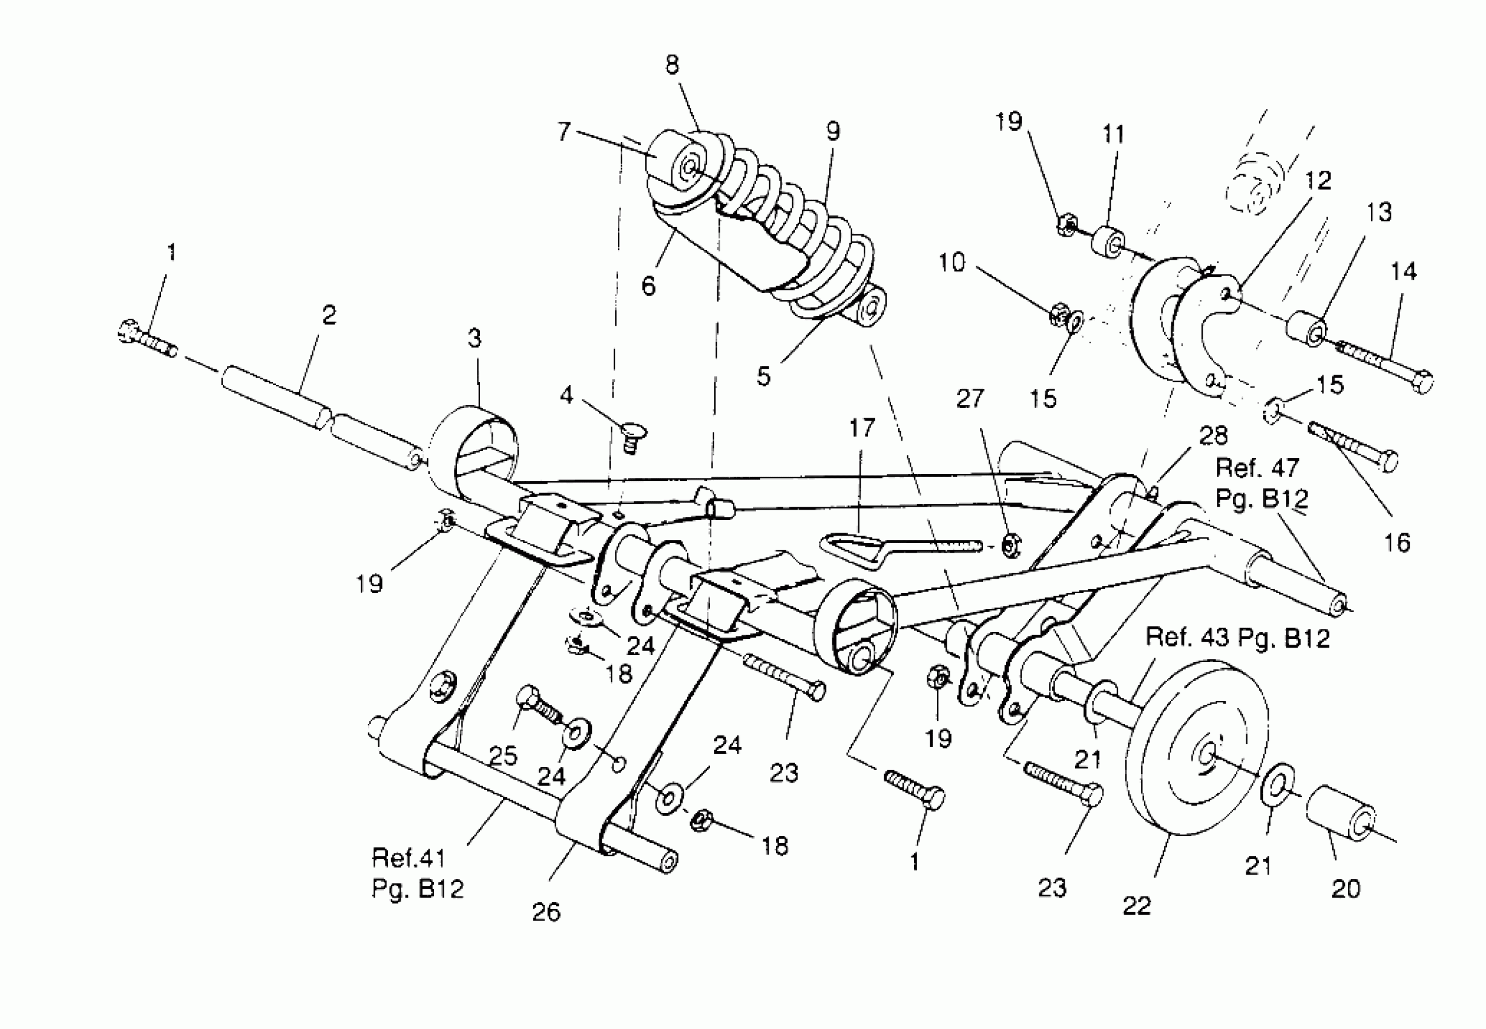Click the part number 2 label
tap(329, 316)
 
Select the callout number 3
tap(475, 338)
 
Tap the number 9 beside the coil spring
tap(833, 131)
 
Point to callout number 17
tap(862, 427)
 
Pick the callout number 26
tap(546, 912)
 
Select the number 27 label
tap(970, 399)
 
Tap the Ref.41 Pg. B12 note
tap(417, 873)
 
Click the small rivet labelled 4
tap(634, 437)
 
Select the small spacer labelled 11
tap(1106, 242)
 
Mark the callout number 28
tap(1212, 436)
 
